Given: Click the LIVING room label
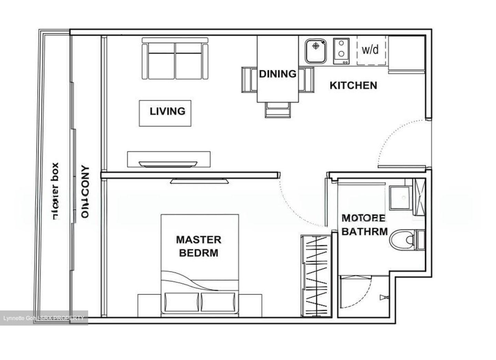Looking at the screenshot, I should click(167, 111).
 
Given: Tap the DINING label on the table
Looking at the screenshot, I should click(278, 74).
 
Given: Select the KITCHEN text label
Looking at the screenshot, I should click(353, 85).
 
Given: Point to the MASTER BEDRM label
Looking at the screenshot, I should click(198, 246).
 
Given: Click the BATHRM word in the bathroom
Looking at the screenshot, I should click(364, 232).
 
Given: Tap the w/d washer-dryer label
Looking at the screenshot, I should click(371, 50).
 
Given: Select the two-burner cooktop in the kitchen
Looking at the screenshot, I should click(341, 51).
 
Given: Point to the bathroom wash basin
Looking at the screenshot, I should click(400, 198).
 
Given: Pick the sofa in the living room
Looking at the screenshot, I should click(175, 61).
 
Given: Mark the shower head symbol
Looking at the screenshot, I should click(383, 297).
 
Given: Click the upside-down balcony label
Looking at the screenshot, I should click(85, 192).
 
